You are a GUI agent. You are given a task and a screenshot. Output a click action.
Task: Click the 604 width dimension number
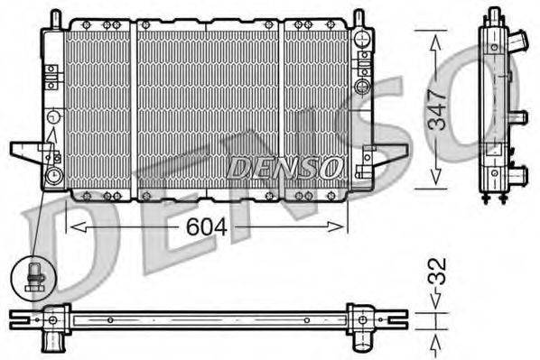[206, 227]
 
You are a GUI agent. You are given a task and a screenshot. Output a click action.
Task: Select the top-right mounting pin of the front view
[358, 19]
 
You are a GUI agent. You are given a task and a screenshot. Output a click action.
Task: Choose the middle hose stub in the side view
[517, 117]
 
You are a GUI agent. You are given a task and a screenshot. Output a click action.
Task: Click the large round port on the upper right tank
[362, 87]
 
